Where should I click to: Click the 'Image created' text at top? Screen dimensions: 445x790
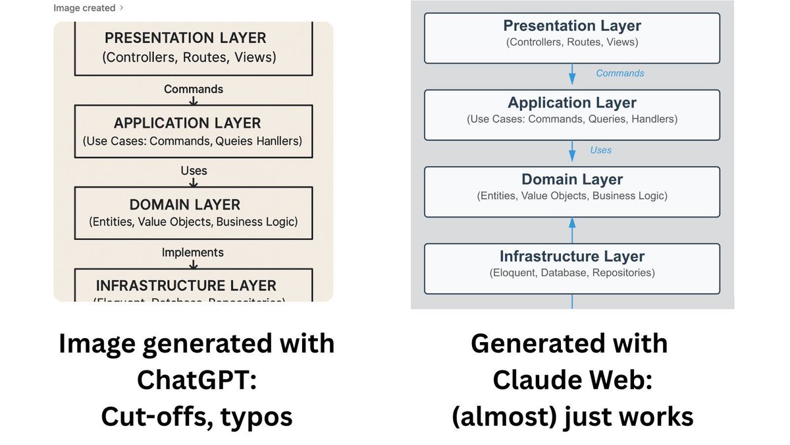(x=84, y=8)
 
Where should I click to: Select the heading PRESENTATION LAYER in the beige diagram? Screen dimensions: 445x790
(x=185, y=38)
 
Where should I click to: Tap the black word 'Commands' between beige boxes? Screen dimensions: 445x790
(x=194, y=89)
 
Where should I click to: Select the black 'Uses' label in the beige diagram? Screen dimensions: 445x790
(x=194, y=171)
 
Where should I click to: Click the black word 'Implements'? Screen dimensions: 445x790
(x=193, y=252)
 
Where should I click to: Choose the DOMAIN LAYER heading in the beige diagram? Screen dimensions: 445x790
(x=185, y=204)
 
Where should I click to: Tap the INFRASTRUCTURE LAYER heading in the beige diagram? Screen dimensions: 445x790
(x=186, y=285)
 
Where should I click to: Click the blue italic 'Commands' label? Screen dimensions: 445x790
(x=620, y=73)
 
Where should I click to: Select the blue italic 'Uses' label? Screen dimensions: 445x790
(x=600, y=150)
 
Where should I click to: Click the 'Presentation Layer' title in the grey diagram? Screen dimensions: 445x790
(x=572, y=26)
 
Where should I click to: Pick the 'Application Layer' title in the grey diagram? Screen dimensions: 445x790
(x=572, y=103)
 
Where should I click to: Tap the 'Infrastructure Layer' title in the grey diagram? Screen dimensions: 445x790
(x=572, y=256)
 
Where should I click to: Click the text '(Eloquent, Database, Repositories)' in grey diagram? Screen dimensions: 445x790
(x=572, y=272)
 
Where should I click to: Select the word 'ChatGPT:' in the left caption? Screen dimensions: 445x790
(x=196, y=380)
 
